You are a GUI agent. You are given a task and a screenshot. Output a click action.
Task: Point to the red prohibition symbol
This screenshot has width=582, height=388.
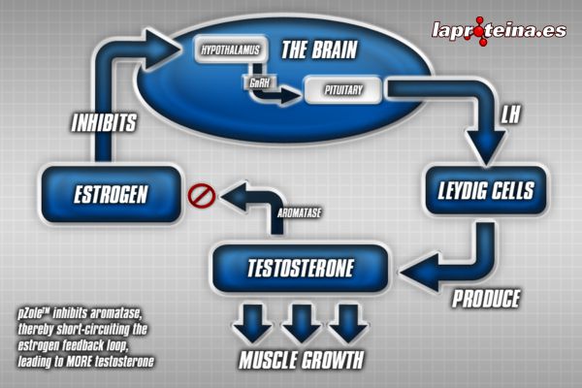click(x=199, y=197)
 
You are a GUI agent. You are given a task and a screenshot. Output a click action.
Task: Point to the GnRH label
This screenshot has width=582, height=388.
click(x=257, y=83)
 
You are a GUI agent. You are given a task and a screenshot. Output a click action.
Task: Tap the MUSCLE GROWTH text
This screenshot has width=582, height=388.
click(x=302, y=361)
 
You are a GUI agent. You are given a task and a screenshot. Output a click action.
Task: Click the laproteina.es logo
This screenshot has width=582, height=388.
click(x=498, y=30)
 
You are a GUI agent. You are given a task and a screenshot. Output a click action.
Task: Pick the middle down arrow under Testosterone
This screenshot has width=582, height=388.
click(x=302, y=321)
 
